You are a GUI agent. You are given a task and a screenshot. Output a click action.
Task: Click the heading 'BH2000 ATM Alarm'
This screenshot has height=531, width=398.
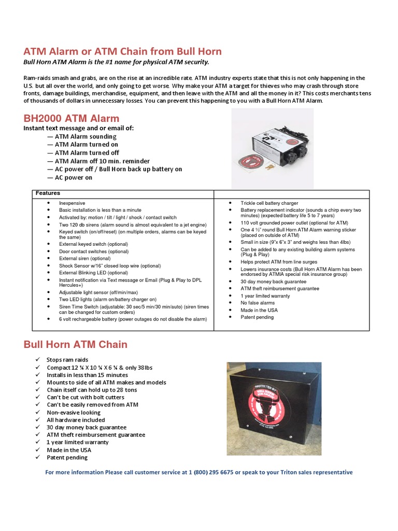(x=72, y=118)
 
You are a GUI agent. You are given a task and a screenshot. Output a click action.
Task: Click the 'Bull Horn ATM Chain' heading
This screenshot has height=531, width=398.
(x=76, y=344)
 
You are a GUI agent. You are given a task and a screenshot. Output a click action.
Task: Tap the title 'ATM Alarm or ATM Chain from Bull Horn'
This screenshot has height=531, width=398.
(x=123, y=51)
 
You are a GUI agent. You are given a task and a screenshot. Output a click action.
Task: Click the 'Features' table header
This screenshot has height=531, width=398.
(x=48, y=193)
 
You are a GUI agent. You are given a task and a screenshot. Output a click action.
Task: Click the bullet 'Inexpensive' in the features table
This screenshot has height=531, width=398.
(x=72, y=203)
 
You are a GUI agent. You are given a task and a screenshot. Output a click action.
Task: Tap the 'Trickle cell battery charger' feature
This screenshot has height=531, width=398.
(x=269, y=203)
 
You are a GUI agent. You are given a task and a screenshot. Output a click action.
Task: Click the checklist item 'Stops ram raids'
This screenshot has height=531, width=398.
(x=67, y=360)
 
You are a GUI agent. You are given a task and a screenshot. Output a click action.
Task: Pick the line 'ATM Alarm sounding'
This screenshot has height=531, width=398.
(x=86, y=136)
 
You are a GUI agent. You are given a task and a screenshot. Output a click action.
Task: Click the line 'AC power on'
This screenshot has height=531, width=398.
(x=74, y=177)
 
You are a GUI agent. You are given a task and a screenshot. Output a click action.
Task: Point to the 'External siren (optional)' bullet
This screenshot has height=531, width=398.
(x=84, y=258)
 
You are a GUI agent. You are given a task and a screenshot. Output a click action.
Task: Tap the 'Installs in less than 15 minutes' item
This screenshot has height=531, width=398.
(x=87, y=375)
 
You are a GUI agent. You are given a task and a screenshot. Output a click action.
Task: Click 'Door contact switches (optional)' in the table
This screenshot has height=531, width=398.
(x=93, y=251)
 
